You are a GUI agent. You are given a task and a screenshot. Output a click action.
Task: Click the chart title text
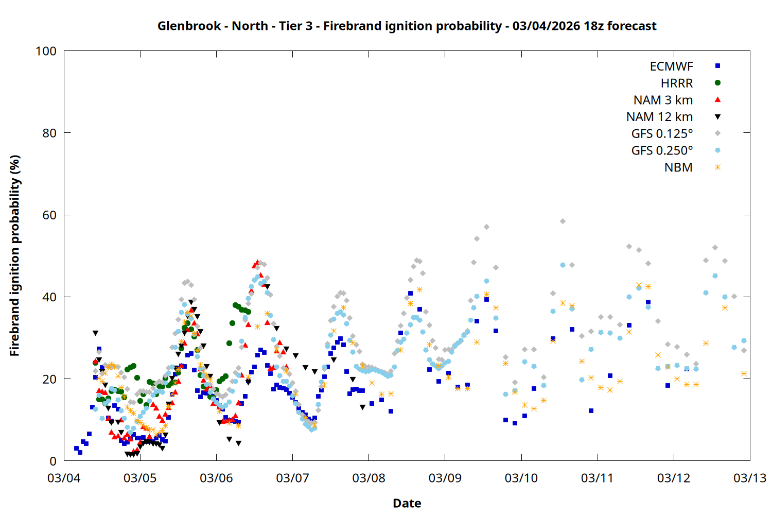tap(407, 26)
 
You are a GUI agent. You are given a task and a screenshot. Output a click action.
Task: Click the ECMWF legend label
tap(671, 66)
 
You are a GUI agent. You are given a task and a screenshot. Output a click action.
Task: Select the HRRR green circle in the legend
tap(717, 83)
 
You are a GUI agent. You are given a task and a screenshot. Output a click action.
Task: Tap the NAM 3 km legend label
tap(663, 100)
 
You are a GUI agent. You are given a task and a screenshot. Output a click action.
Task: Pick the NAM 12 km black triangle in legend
tap(717, 117)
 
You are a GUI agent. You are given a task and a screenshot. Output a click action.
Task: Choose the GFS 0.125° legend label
tap(662, 134)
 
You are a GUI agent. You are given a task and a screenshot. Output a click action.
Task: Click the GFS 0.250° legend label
tap(662, 151)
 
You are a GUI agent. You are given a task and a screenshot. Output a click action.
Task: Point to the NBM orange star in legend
tap(717, 167)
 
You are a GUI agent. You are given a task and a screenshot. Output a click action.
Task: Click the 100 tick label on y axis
tap(46, 51)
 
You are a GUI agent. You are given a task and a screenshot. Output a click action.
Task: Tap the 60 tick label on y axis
tap(49, 215)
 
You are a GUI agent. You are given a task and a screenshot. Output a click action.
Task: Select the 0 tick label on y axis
tap(52, 461)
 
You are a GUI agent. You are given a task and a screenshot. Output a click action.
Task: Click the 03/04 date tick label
tap(64, 478)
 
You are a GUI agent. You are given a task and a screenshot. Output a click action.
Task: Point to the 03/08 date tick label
tap(369, 478)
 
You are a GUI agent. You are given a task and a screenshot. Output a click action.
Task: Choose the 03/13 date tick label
tap(749, 478)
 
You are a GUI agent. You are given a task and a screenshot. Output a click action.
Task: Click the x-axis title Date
tap(407, 503)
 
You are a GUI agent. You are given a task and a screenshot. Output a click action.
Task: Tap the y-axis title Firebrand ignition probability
tap(14, 255)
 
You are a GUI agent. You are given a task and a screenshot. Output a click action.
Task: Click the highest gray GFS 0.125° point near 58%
tap(563, 221)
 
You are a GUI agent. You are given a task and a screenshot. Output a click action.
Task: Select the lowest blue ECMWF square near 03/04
tap(80, 452)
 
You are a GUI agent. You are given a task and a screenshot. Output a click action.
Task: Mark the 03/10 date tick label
tap(521, 478)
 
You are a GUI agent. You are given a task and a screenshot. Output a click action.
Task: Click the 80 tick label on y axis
tap(49, 133)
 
